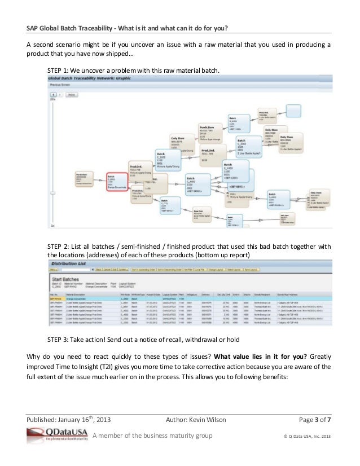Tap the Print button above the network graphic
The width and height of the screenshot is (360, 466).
point(72,95)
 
